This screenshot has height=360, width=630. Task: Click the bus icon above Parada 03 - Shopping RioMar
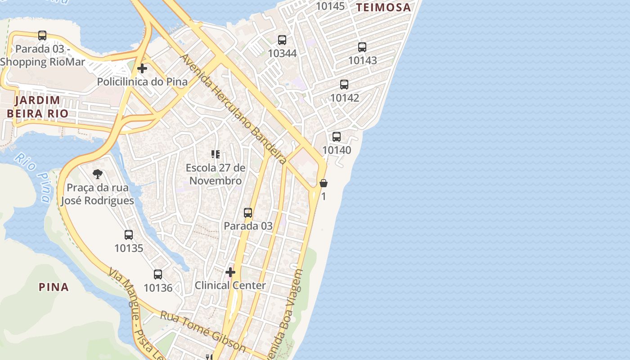42,36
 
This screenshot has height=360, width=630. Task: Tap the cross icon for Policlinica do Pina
142,68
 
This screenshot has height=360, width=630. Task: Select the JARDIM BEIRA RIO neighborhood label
37,107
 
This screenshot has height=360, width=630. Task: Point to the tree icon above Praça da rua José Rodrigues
97,174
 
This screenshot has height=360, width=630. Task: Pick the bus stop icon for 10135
129,234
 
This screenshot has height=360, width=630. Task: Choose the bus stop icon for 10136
158,274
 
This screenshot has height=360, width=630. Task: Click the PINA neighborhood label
54,287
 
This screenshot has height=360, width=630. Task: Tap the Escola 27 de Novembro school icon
216,155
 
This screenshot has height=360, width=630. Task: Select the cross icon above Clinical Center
230,272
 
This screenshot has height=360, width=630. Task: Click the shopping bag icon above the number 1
324,183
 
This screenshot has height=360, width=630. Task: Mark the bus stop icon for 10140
337,137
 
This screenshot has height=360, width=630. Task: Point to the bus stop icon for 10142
344,85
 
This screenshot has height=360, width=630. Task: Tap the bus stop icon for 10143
362,47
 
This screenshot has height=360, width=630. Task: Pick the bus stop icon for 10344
282,40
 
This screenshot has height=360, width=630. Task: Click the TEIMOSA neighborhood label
383,7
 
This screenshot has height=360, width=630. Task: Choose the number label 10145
330,6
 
